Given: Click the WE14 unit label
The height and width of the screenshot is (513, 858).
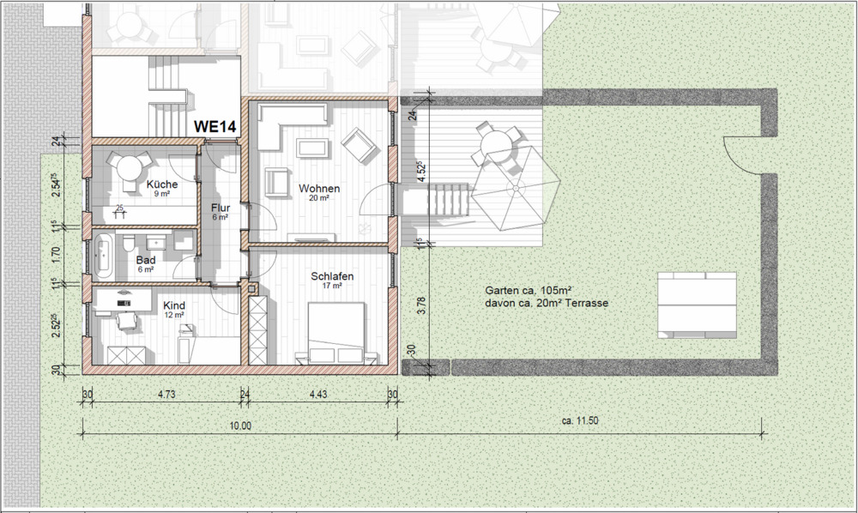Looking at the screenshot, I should coord(214,125).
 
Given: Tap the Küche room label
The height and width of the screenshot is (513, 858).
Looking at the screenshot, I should coord(161,185).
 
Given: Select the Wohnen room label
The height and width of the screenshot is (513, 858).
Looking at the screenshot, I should coord(319,188).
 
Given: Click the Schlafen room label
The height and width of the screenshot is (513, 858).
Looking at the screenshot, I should coord(332,276).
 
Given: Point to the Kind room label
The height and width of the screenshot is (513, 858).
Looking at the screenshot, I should coord(174,305).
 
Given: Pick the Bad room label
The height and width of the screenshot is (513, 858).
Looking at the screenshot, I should coord(146,260).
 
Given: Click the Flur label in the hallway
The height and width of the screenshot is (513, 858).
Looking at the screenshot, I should coord(221,208).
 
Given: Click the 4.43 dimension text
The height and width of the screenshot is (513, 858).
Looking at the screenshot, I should coord(317,395).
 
